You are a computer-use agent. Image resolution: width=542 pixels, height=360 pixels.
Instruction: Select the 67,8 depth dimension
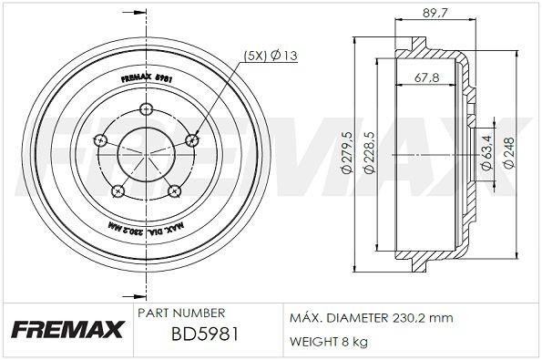(x=424, y=77)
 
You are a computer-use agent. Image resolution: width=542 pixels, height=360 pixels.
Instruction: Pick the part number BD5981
(x=205, y=335)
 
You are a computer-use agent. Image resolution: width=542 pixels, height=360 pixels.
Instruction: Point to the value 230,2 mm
(x=424, y=318)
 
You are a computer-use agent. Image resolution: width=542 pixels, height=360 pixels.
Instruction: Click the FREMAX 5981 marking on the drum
(x=148, y=77)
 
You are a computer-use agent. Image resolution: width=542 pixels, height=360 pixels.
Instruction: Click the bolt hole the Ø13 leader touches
(x=191, y=139)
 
